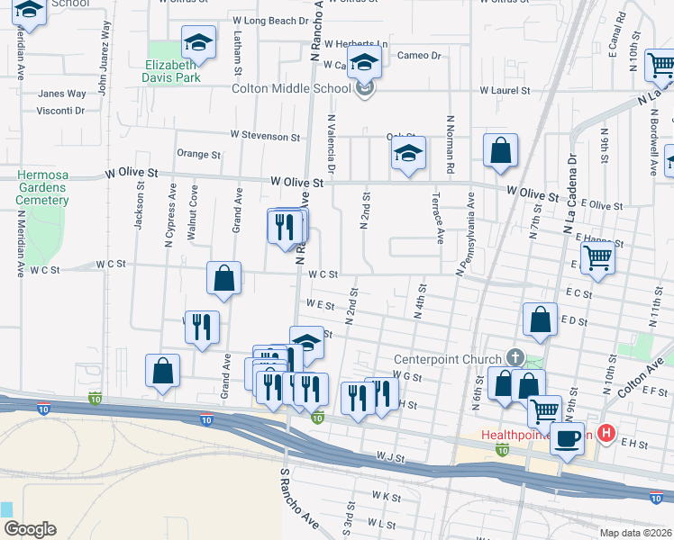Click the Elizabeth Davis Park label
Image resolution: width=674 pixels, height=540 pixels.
(x=171, y=71)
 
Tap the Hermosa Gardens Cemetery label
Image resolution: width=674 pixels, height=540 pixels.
(x=41, y=193)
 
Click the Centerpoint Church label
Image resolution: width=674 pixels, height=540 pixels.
(x=446, y=359)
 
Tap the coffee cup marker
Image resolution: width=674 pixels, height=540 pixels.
(x=566, y=439)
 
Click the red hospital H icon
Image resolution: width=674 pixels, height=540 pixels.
(x=606, y=434)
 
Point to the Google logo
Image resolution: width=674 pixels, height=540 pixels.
(x=30, y=529)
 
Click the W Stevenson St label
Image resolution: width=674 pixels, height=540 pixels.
(x=265, y=136)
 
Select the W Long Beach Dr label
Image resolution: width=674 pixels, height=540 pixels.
(x=270, y=20)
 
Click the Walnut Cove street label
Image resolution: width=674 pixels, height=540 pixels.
(x=192, y=213)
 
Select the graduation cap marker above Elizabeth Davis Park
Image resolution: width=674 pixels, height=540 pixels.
(x=198, y=42)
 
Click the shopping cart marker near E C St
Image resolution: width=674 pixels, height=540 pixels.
(x=597, y=258)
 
